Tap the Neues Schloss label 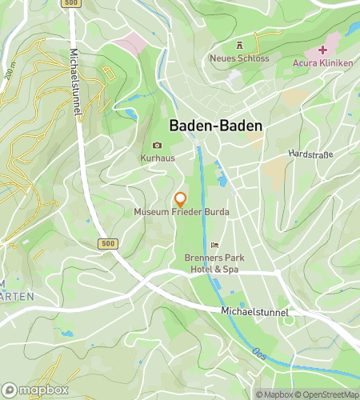238,58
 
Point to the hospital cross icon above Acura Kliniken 323,50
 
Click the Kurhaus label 157,158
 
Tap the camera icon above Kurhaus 157,146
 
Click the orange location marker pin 181,199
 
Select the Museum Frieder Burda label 181,212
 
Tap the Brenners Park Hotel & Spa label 212,264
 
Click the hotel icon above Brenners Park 214,245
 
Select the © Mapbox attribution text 274,394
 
